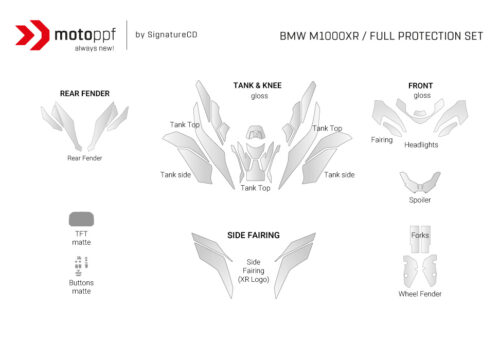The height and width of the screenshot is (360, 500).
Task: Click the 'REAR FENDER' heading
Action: [x=85, y=94]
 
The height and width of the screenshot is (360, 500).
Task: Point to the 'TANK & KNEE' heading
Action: [x=257, y=86]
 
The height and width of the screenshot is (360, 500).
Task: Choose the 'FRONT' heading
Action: [x=421, y=86]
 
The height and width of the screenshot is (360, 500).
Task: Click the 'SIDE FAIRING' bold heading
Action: [x=253, y=236]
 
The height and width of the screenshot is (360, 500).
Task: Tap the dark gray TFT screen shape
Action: [x=81, y=219]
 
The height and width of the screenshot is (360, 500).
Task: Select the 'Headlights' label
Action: [x=421, y=145]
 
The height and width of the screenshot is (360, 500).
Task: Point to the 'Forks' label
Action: [x=420, y=236]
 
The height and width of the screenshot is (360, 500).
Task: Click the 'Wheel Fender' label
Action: [x=420, y=294]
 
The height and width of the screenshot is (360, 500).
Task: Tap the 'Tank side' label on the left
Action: [x=176, y=174]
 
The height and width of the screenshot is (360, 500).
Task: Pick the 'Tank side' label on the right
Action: [x=339, y=174]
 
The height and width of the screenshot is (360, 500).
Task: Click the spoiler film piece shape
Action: [x=420, y=182]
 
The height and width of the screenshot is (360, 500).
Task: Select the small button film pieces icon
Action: [x=81, y=264]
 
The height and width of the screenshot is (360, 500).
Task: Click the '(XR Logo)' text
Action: [x=253, y=279]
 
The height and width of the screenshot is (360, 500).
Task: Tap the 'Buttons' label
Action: [x=81, y=283]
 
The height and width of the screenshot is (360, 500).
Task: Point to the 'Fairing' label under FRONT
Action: [x=382, y=141]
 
